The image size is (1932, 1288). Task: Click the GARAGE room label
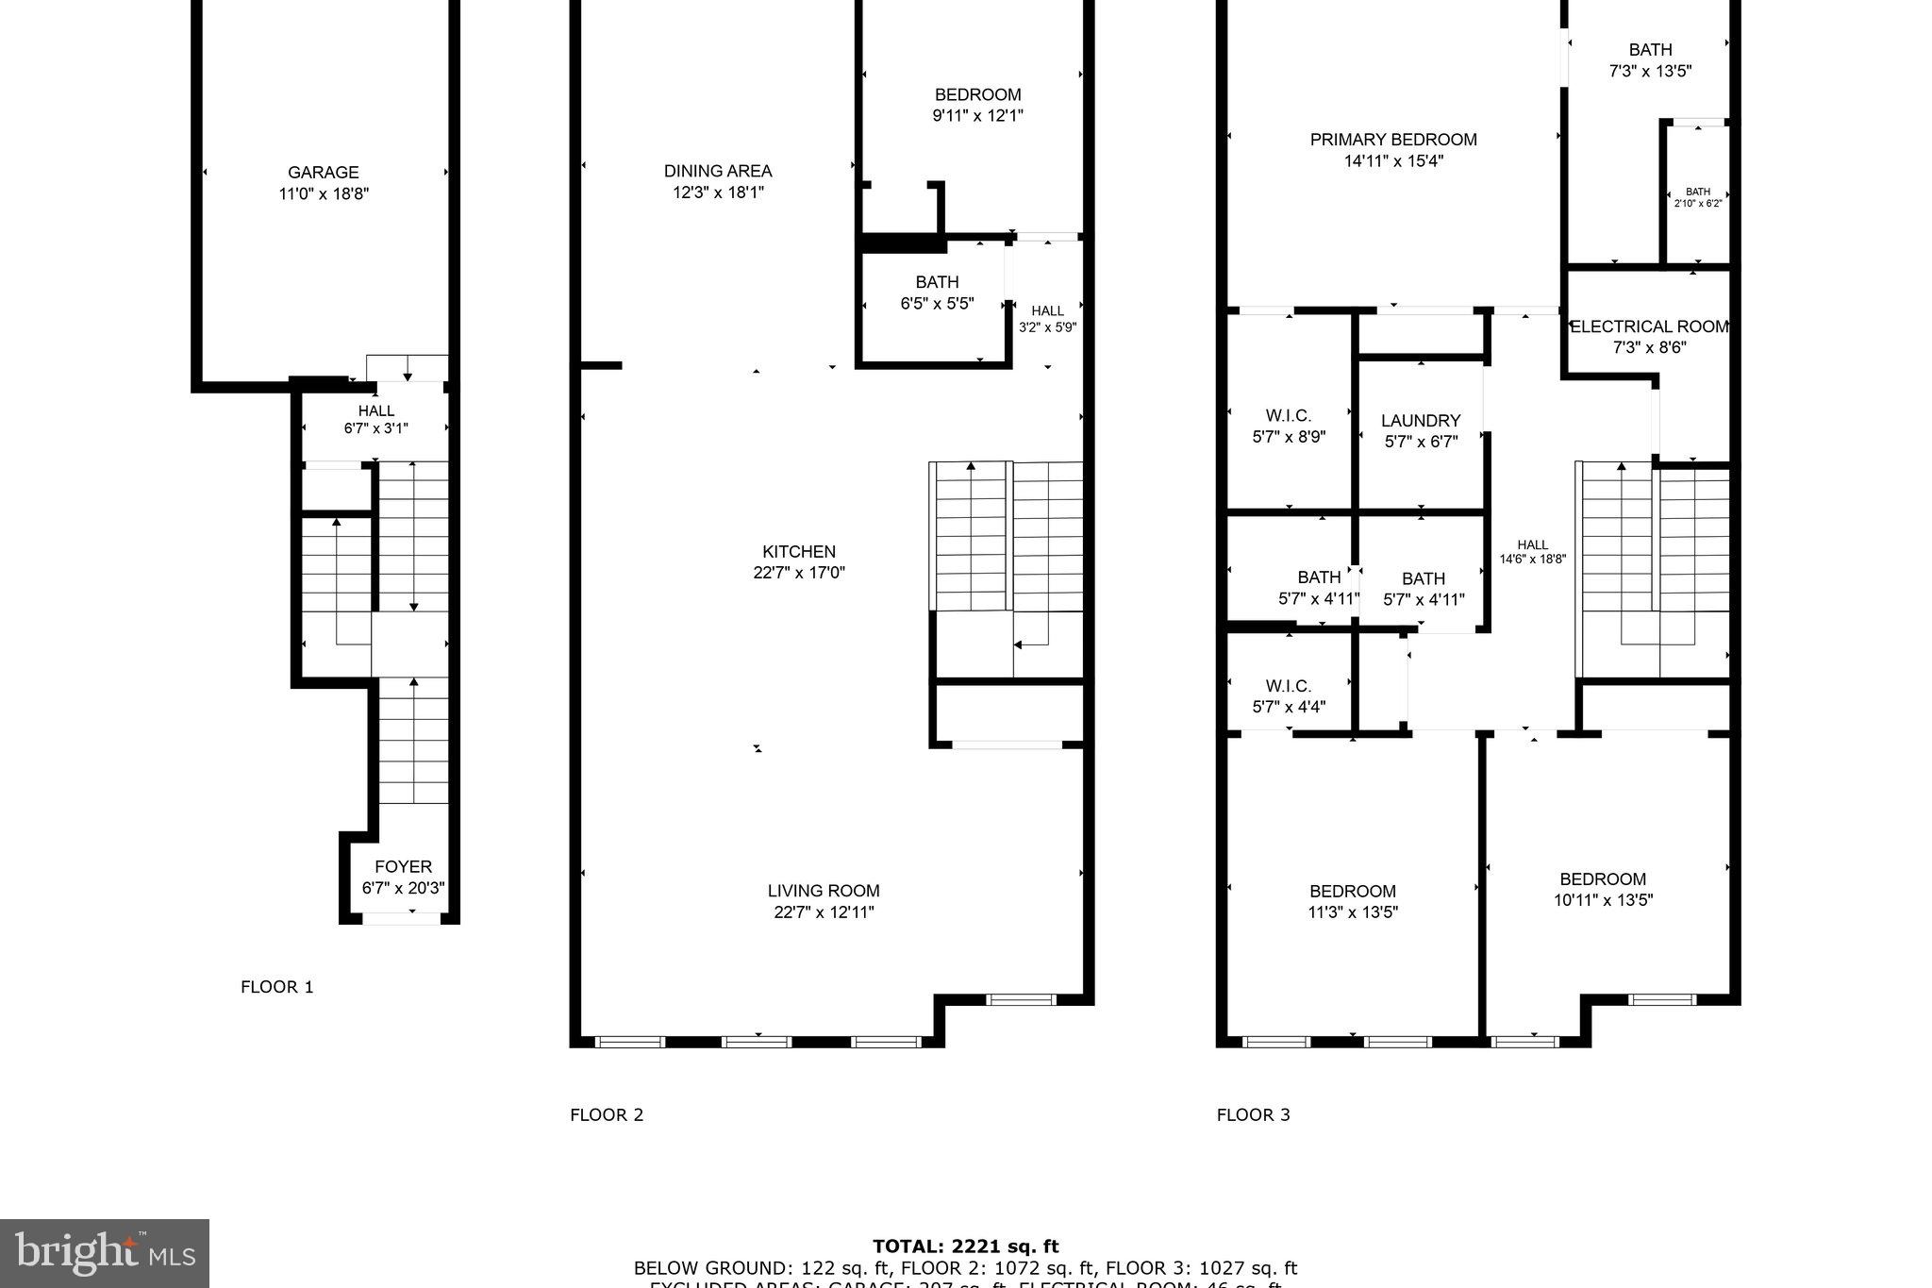(x=323, y=173)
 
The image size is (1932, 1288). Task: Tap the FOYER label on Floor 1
(x=403, y=867)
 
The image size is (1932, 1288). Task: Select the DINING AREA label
(x=718, y=171)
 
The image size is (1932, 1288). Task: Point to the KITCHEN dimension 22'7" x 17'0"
(x=799, y=573)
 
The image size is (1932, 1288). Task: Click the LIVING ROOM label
(x=823, y=891)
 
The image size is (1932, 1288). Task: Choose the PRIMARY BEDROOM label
(x=1393, y=140)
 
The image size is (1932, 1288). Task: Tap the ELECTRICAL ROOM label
(x=1649, y=326)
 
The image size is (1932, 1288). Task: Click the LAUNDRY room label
(x=1421, y=421)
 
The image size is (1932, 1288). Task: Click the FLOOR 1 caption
(x=276, y=987)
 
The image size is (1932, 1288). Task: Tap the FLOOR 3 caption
(x=1253, y=1114)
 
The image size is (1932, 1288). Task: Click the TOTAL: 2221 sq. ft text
(x=965, y=1247)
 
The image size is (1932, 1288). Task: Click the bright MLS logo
(x=105, y=1253)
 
